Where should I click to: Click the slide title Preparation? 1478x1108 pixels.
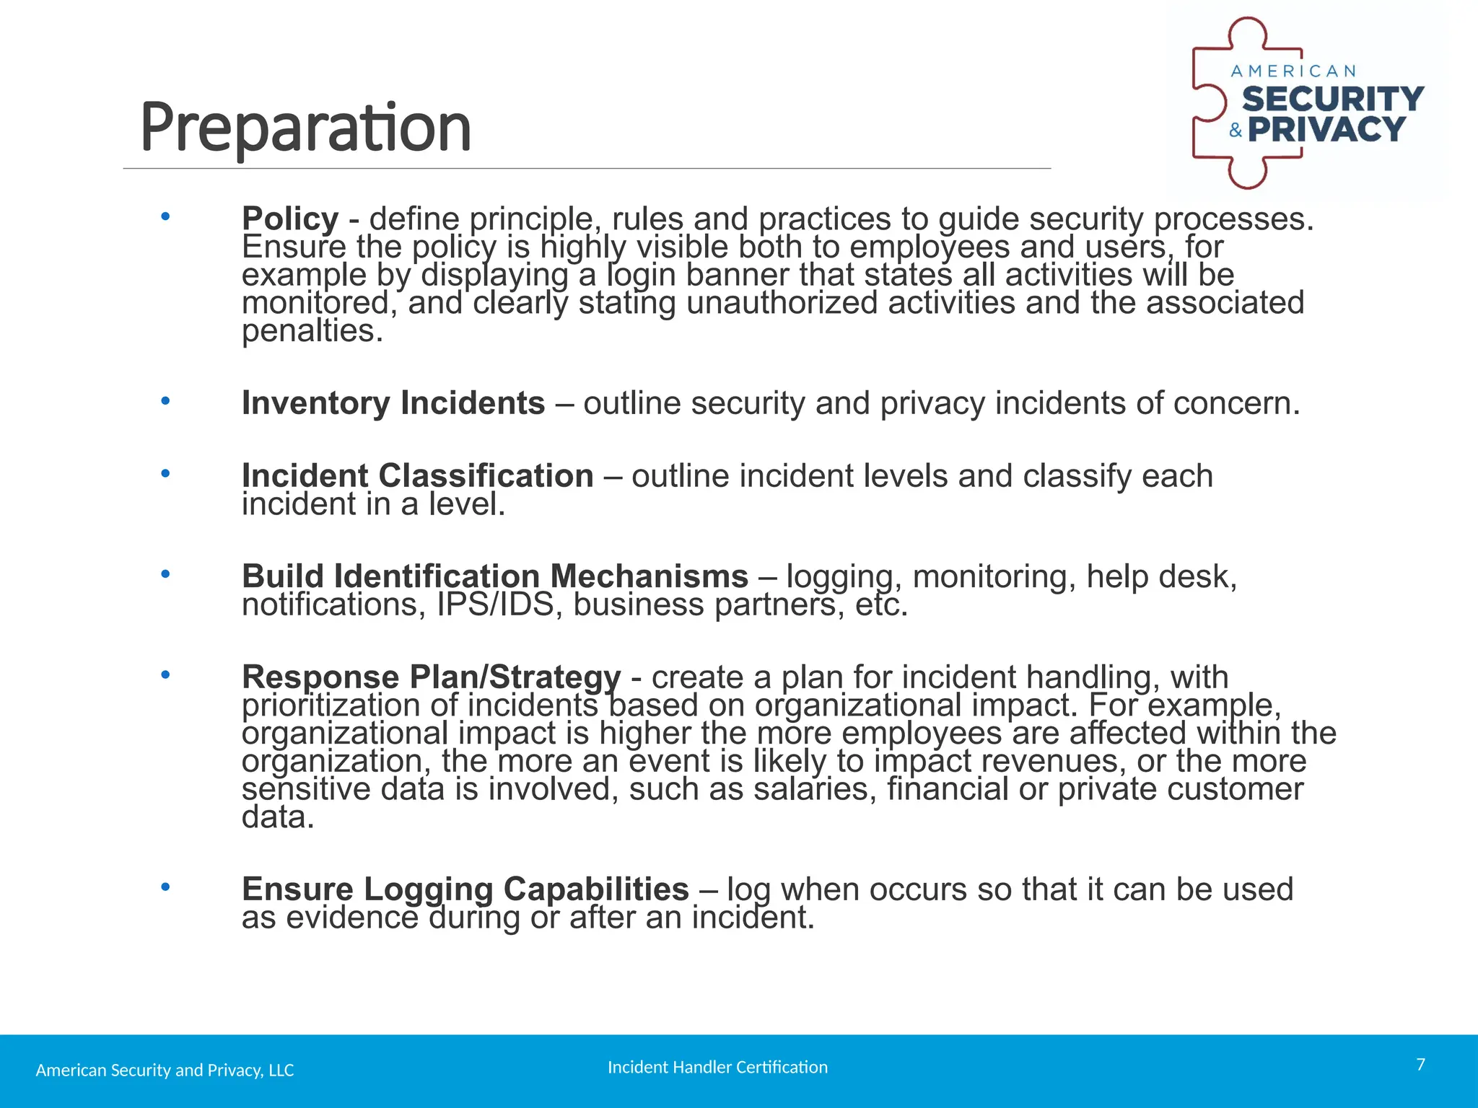(305, 128)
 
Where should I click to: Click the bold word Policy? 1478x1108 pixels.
(289, 219)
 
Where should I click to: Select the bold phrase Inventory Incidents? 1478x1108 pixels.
(393, 403)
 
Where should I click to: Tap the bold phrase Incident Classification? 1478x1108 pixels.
(417, 476)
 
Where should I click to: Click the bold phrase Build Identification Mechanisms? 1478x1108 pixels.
(494, 576)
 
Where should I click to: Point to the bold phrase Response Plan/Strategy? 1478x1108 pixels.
(431, 677)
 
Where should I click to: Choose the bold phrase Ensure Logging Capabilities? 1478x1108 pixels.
(465, 889)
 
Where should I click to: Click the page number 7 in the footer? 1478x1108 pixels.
(1420, 1065)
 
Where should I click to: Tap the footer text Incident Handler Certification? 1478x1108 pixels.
(717, 1068)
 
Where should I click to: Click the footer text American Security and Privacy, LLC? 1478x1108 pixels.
(165, 1070)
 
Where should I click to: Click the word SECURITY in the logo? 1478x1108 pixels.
(1332, 100)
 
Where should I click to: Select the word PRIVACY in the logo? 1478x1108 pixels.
(1326, 130)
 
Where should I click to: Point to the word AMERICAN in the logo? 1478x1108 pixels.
(1293, 71)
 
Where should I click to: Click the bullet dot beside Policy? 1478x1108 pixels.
(165, 216)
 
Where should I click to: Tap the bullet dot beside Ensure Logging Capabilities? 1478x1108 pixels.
(165, 887)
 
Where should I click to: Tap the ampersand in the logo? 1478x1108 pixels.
(1236, 131)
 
